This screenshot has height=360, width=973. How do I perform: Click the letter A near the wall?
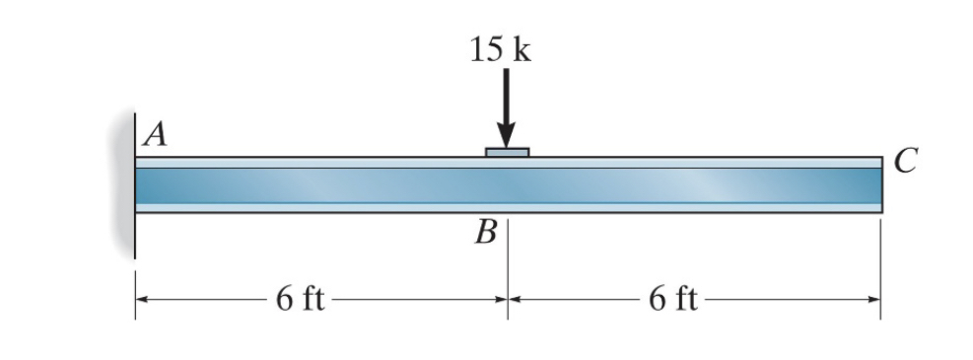[154, 135]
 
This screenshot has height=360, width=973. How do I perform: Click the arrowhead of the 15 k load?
[507, 136]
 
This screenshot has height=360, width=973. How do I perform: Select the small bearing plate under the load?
[507, 152]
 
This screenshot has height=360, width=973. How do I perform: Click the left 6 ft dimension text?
[301, 299]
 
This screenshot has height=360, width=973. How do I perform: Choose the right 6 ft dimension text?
[673, 299]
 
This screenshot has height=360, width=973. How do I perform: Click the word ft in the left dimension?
[312, 299]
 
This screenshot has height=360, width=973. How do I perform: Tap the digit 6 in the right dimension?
[657, 299]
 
